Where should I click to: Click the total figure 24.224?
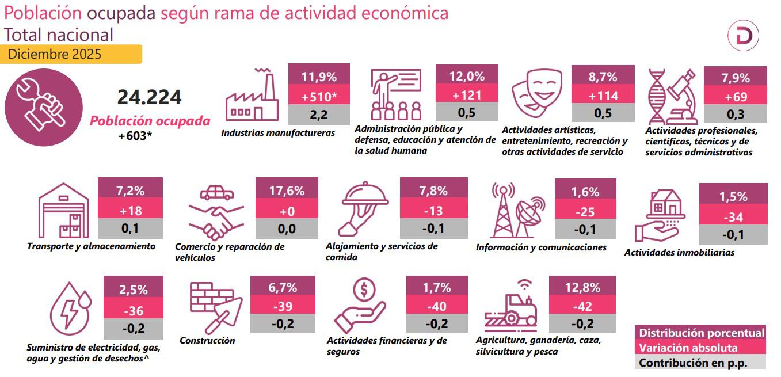(x=149, y=97)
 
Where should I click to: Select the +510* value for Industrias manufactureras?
(x=319, y=96)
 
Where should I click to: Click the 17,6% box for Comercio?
(x=287, y=191)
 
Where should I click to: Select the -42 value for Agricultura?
(x=582, y=306)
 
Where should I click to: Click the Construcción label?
(x=207, y=340)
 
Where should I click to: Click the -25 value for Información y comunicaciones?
(x=585, y=211)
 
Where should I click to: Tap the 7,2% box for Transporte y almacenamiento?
(x=130, y=191)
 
